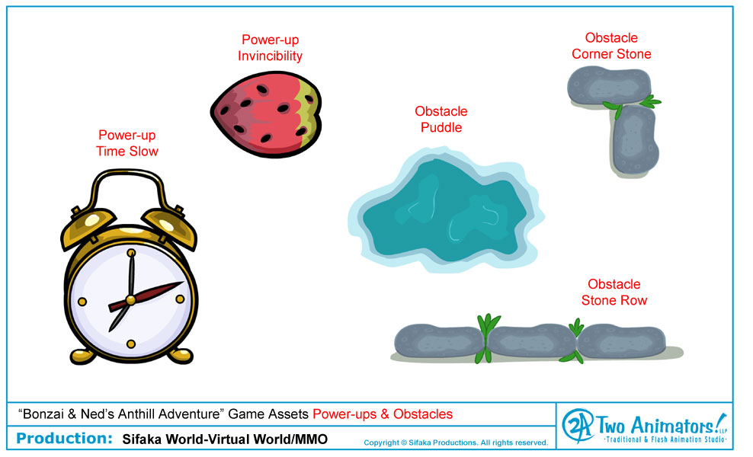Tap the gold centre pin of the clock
pyautogui.click(x=130, y=301)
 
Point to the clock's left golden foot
pyautogui.click(x=82, y=356)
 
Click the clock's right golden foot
pyautogui.click(x=181, y=356)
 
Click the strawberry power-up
pyautogui.click(x=267, y=114)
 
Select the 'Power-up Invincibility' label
pyautogui.click(x=271, y=47)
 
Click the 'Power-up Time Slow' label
pyautogui.click(x=127, y=143)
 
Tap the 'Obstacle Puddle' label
pyautogui.click(x=441, y=119)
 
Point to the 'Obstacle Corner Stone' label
pyautogui.click(x=611, y=46)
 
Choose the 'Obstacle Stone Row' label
pyautogui.click(x=614, y=292)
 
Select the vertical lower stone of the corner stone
pyautogui.click(x=634, y=140)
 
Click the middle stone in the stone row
pyautogui.click(x=531, y=341)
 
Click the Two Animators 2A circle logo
pyautogui.click(x=578, y=425)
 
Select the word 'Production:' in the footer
pyautogui.click(x=64, y=438)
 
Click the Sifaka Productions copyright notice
pyautogui.click(x=456, y=443)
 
